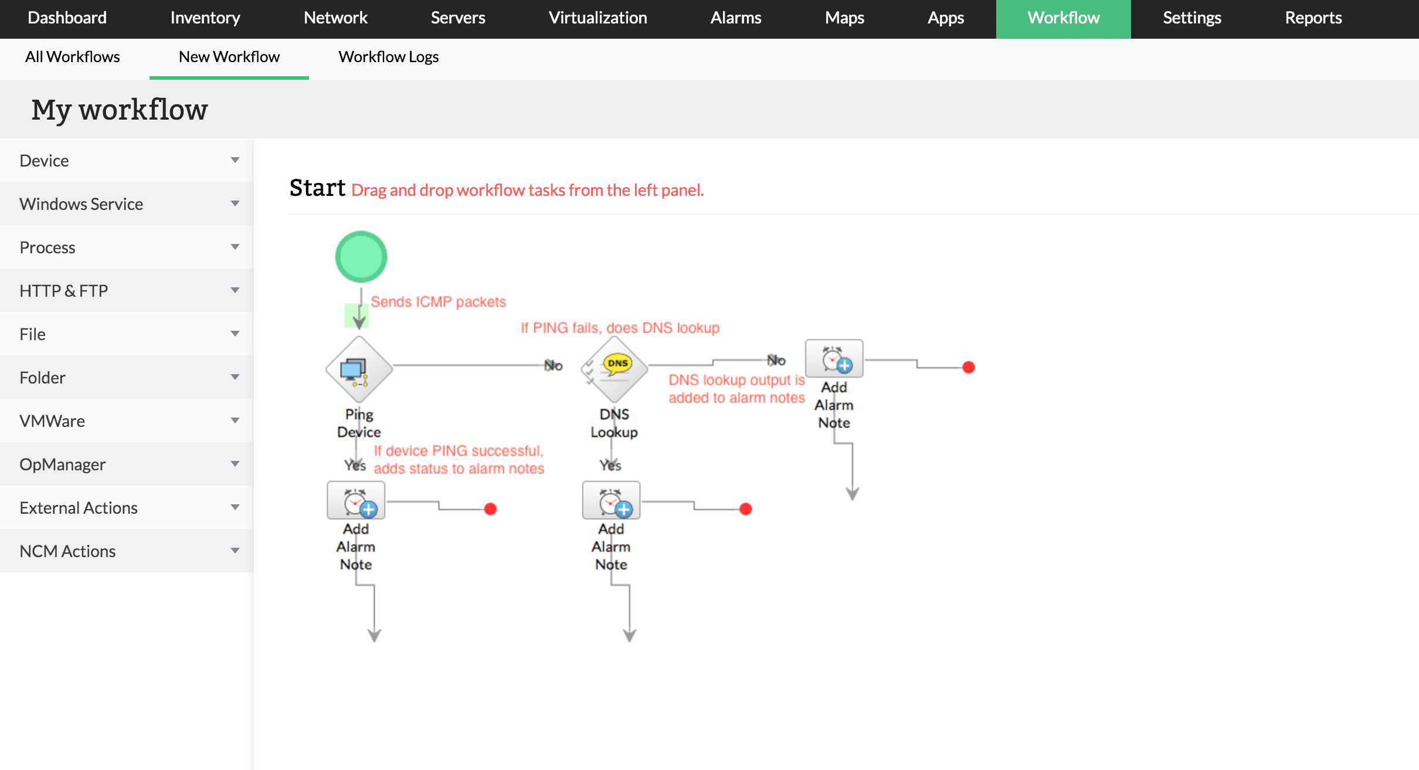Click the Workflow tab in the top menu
point(1063,18)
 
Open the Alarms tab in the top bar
point(735,18)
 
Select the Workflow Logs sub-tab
point(388,57)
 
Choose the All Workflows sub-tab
point(72,57)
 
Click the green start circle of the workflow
point(361,257)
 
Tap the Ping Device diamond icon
point(359,369)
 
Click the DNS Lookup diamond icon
point(614,369)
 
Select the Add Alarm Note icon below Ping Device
point(356,501)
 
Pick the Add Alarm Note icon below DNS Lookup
point(611,501)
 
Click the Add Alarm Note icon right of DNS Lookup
point(834,359)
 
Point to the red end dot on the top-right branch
point(969,368)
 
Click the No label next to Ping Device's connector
point(553,366)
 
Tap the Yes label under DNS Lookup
point(610,466)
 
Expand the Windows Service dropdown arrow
point(235,203)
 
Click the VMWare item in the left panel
point(52,421)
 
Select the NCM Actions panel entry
point(67,551)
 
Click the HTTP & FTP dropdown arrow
point(235,290)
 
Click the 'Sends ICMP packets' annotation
point(438,302)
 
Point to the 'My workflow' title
point(120,110)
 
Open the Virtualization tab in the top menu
point(598,18)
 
